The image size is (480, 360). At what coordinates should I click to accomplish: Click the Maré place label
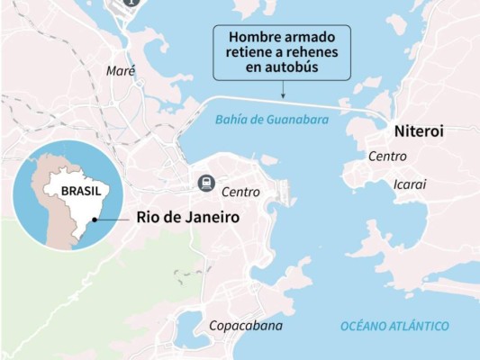click(120, 70)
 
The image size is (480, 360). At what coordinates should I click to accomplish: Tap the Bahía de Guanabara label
click(272, 119)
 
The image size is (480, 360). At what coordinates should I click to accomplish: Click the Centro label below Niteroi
click(387, 157)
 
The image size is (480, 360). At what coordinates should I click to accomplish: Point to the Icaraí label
click(410, 184)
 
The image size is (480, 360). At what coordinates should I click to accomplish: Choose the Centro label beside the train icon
click(240, 192)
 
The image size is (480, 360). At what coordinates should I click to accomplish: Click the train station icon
click(206, 184)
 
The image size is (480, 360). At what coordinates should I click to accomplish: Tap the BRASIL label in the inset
click(80, 191)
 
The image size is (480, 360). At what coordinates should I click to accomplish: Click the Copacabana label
click(246, 326)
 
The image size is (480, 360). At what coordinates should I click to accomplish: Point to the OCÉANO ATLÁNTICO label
click(394, 326)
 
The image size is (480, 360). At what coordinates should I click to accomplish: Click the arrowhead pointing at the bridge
click(283, 94)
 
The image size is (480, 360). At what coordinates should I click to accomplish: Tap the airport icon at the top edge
click(131, 4)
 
